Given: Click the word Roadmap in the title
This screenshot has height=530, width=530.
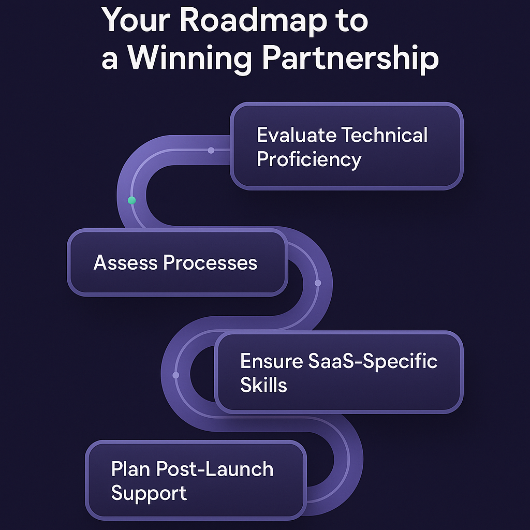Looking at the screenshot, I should [x=252, y=21].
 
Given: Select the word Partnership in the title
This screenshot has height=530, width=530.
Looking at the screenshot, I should [x=350, y=58].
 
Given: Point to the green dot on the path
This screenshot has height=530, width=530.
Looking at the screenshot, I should [x=131, y=200].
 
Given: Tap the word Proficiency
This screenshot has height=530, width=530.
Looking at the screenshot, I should [x=309, y=159].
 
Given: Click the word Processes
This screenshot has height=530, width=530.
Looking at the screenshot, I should [x=210, y=263].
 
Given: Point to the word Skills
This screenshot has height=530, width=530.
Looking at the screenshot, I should [x=263, y=385].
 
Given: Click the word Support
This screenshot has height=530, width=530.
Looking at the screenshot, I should [x=149, y=493].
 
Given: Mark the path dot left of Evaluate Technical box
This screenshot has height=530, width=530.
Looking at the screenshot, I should [x=211, y=150].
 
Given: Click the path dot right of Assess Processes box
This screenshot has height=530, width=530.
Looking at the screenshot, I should [x=318, y=283].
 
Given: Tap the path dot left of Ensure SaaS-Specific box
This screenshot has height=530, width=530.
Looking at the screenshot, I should [x=175, y=375].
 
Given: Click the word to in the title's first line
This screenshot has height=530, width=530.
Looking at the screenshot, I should [x=351, y=21].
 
